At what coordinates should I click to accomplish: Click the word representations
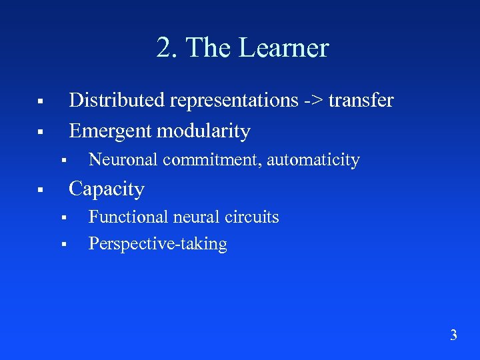tap(233, 101)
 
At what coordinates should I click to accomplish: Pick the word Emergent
tap(110, 131)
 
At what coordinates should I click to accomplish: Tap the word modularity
tap(204, 131)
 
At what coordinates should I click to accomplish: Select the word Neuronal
tap(123, 160)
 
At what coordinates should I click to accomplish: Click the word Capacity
tap(107, 189)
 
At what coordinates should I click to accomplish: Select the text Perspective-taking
tap(158, 245)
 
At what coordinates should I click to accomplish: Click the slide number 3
tap(453, 335)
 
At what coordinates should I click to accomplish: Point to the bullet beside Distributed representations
tap(40, 102)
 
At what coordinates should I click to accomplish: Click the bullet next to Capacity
tap(40, 191)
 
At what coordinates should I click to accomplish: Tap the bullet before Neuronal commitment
tap(61, 161)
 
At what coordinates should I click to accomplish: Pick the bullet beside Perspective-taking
tap(61, 245)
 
